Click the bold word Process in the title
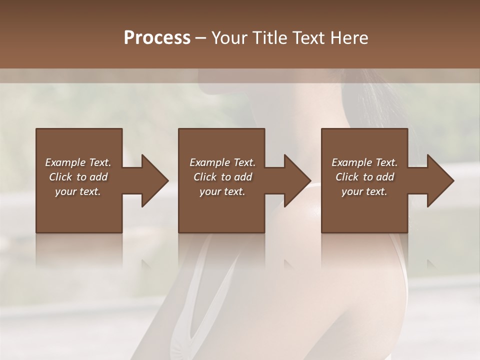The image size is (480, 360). (157, 38)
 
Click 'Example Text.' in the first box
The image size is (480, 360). (78, 162)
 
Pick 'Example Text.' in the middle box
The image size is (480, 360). (222, 162)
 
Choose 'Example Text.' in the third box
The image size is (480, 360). (364, 162)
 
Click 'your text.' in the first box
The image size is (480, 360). (78, 191)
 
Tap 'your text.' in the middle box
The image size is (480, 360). (222, 191)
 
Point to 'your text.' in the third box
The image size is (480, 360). (364, 191)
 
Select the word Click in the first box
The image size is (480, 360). (61, 177)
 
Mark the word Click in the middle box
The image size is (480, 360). (205, 177)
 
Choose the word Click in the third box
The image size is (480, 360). (347, 177)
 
